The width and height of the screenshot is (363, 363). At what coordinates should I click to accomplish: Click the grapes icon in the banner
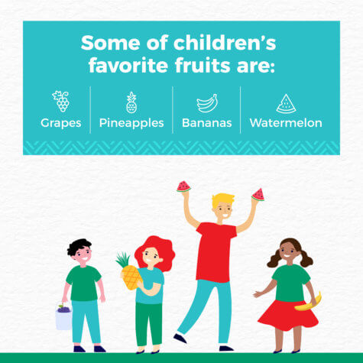pyautogui.click(x=61, y=101)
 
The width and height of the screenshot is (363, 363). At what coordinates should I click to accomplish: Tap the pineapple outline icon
pyautogui.click(x=131, y=102)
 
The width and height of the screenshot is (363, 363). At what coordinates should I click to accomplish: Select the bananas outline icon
pyautogui.click(x=207, y=103)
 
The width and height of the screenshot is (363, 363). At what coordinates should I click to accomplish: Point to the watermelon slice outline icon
pyautogui.click(x=286, y=104)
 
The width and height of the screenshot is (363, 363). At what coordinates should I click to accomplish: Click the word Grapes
pyautogui.click(x=61, y=123)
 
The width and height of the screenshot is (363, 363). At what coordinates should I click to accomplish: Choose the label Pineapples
pyautogui.click(x=131, y=123)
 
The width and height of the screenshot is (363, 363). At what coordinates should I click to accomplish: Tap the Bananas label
pyautogui.click(x=207, y=123)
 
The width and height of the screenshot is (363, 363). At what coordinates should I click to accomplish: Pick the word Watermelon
pyautogui.click(x=286, y=123)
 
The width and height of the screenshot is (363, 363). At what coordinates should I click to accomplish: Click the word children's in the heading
pyautogui.click(x=225, y=43)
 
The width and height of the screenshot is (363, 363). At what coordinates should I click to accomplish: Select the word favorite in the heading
pyautogui.click(x=128, y=65)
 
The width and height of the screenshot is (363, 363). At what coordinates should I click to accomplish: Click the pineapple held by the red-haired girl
pyautogui.click(x=129, y=271)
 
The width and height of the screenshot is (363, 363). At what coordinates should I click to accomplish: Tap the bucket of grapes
pyautogui.click(x=63, y=317)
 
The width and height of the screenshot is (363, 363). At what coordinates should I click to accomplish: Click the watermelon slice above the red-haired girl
pyautogui.click(x=183, y=186)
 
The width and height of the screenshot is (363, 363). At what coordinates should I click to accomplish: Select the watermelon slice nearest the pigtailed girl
pyautogui.click(x=258, y=195)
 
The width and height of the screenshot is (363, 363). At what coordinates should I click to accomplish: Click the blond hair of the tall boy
pyautogui.click(x=222, y=199)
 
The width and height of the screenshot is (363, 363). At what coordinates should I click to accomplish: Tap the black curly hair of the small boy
pyautogui.click(x=78, y=246)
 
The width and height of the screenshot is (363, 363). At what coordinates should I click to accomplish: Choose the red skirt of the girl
pyautogui.click(x=288, y=316)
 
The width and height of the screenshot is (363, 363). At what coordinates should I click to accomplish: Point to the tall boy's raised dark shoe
pyautogui.click(x=180, y=338)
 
